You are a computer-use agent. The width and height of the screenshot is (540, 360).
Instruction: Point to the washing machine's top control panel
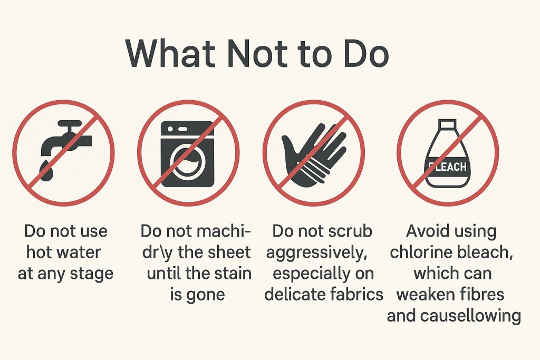tap(188, 128)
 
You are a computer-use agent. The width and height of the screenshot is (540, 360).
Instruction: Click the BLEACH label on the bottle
tap(448, 167)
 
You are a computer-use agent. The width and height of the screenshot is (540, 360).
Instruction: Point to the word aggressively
tap(317, 252)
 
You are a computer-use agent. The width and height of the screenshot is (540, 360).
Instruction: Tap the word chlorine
tap(418, 252)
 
